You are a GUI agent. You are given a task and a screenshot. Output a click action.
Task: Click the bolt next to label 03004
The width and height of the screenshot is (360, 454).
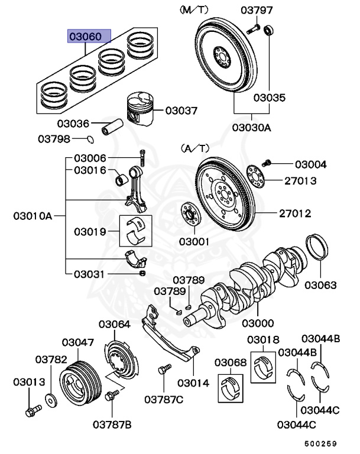(266, 162)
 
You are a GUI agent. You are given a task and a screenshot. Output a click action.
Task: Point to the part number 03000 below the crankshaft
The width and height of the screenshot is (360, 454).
(257, 323)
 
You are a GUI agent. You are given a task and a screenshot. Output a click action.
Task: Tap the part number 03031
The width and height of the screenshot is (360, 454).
(90, 274)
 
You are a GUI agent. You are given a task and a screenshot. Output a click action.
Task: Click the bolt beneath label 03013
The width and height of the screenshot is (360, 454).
(33, 408)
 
